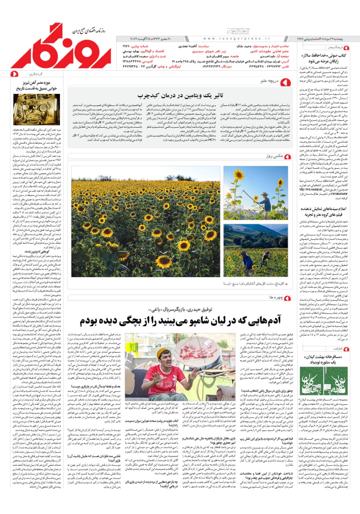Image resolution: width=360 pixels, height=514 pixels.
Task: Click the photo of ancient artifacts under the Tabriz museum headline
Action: point(31,109)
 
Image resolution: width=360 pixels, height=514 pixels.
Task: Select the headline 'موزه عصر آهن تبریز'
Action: point(32,83)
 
